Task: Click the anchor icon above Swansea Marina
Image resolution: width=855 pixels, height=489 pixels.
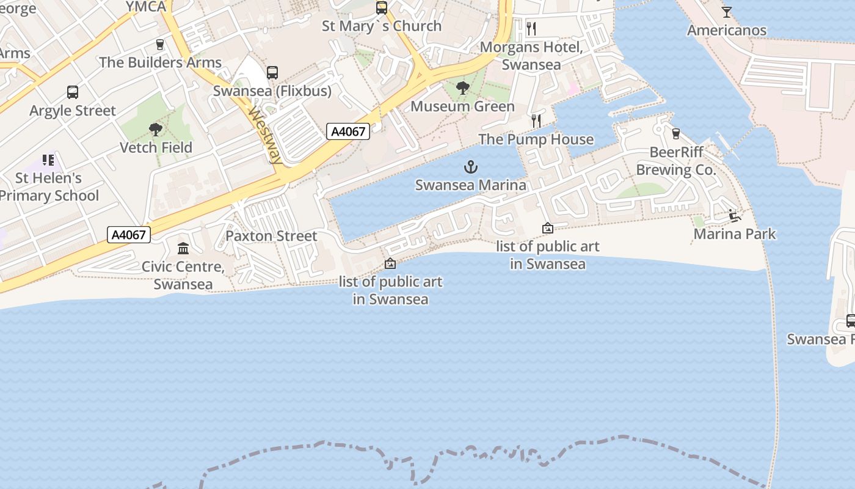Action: (470, 166)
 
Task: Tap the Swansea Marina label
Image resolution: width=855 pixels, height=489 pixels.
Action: (470, 185)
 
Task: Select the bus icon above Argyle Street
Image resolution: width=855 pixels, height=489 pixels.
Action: (73, 92)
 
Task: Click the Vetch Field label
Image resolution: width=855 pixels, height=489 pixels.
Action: (156, 147)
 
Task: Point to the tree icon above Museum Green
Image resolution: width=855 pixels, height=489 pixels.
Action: (463, 88)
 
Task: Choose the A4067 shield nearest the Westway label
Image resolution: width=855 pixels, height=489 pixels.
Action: (348, 131)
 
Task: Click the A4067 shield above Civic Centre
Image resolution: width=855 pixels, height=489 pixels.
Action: (129, 234)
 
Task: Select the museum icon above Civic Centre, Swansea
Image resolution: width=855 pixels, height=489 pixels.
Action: (183, 248)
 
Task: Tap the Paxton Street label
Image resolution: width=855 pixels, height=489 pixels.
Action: (271, 236)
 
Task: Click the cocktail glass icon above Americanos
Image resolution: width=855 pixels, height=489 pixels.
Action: (726, 12)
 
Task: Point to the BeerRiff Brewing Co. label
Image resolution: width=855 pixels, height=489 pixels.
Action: (676, 161)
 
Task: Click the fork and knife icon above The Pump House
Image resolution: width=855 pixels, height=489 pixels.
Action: (536, 120)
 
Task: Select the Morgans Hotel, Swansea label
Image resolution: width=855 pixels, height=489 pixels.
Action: (531, 56)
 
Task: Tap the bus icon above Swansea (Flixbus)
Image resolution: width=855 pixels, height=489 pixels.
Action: (272, 73)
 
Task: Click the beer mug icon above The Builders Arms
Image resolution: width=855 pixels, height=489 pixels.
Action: (160, 45)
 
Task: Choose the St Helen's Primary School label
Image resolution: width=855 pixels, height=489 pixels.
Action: (49, 187)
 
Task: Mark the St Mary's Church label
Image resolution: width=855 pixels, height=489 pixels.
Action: (382, 26)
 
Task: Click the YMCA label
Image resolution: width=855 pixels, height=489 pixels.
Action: (145, 7)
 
